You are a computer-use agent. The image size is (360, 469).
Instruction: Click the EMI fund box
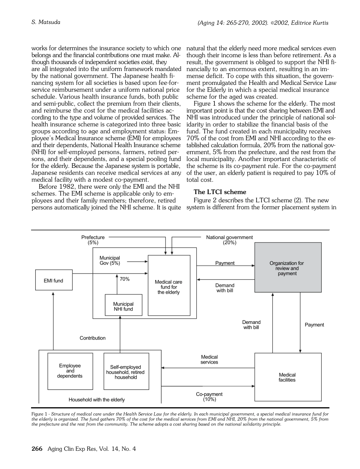(x=53, y=280)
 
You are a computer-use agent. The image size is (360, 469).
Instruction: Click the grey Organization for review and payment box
(x=288, y=267)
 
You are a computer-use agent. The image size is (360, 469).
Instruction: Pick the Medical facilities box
(x=287, y=377)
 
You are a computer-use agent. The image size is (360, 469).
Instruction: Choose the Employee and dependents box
(x=70, y=371)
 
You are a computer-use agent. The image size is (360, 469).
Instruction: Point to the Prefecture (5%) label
(x=93, y=240)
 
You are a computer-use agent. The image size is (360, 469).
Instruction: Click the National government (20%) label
(x=229, y=240)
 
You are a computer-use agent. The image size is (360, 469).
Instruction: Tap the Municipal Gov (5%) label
(x=110, y=260)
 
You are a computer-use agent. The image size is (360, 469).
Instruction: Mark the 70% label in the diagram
(x=125, y=279)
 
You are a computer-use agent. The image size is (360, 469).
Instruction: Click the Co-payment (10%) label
(x=209, y=397)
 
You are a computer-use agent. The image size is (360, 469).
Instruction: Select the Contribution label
(x=92, y=338)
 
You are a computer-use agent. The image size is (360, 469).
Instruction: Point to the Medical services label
(x=209, y=359)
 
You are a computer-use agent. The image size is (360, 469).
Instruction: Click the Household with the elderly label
(x=97, y=399)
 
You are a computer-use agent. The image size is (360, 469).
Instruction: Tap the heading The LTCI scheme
(x=214, y=192)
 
